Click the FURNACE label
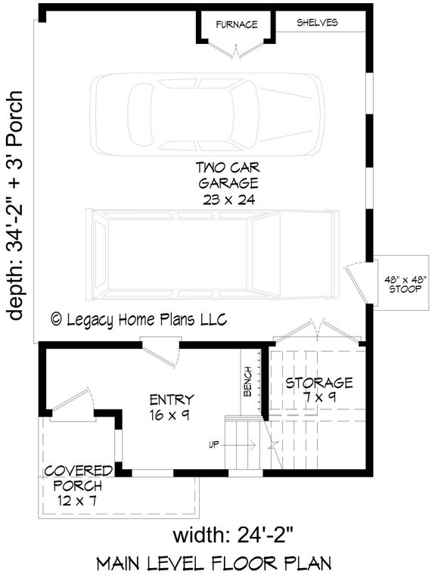pyautogui.click(x=235, y=23)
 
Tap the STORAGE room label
pyautogui.click(x=319, y=383)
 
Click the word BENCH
pyautogui.click(x=247, y=387)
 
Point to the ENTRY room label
pyautogui.click(x=172, y=399)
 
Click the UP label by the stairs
pyautogui.click(x=214, y=444)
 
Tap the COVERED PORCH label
pyautogui.click(x=78, y=477)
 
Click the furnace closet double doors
pyautogui.click(x=235, y=49)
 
